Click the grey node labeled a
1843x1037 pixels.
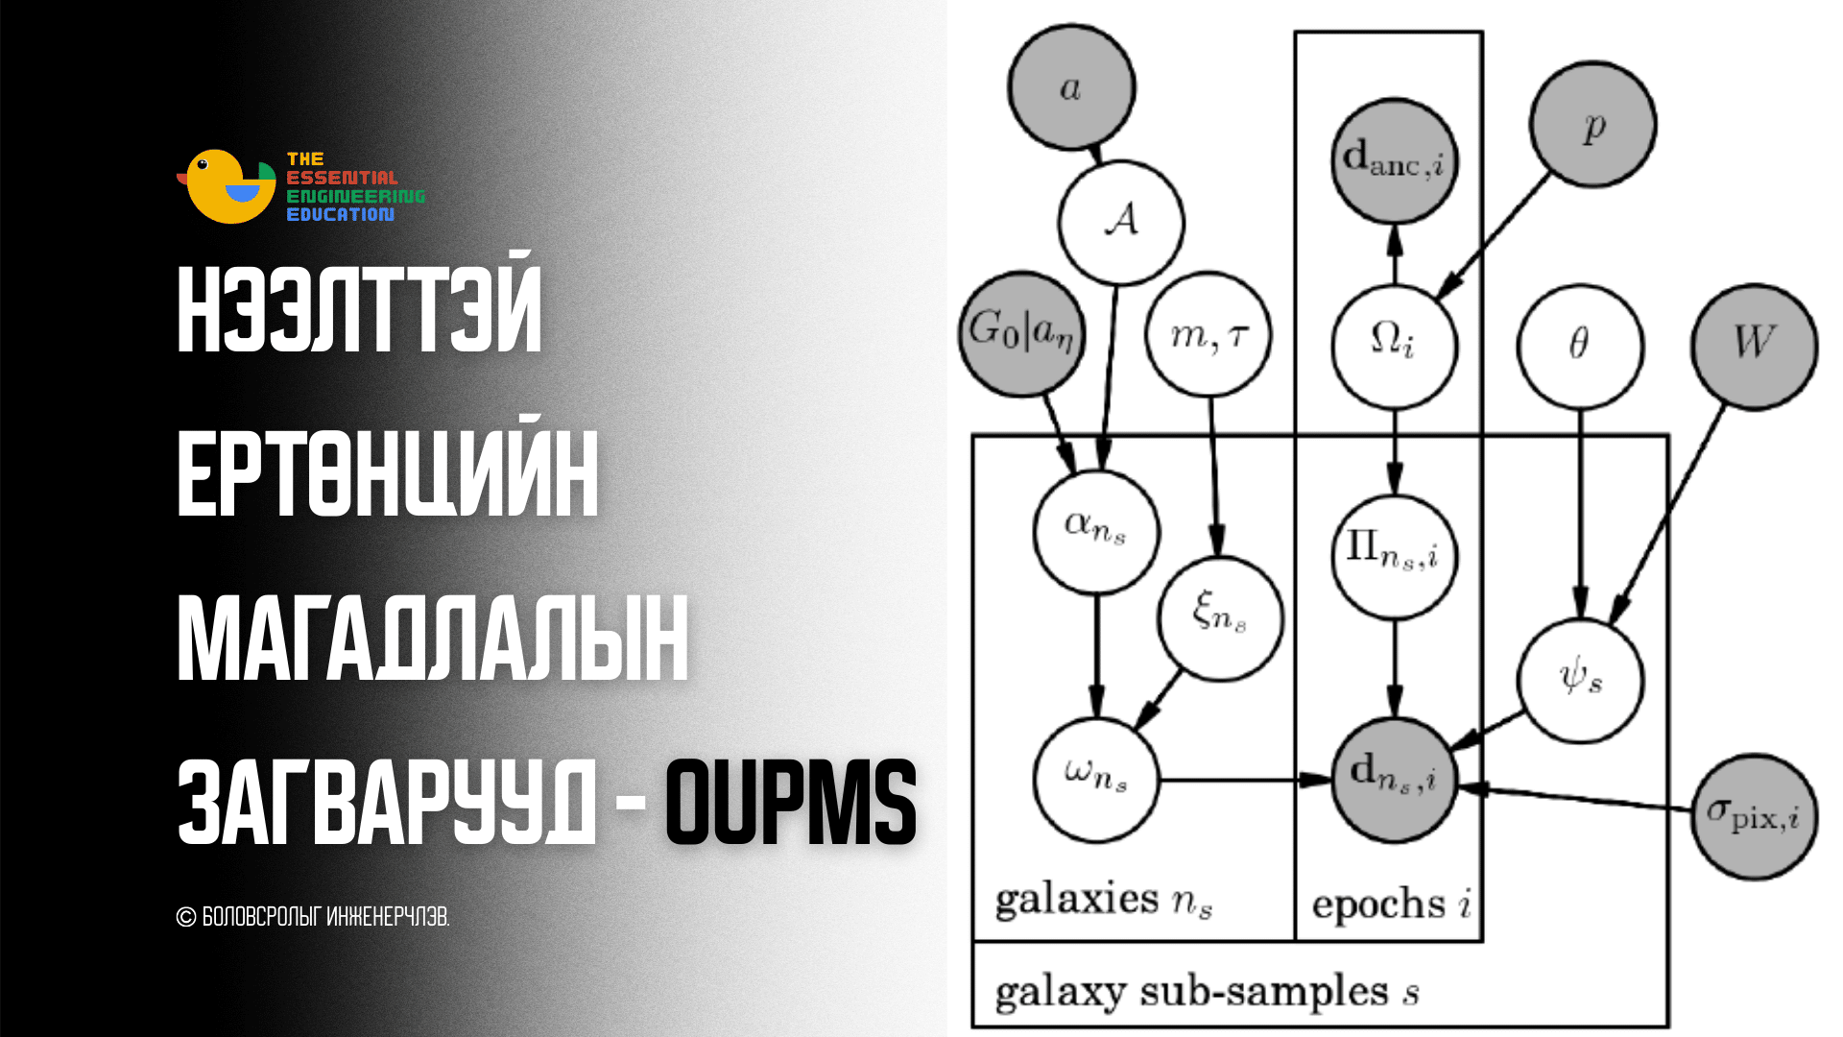pyautogui.click(x=1071, y=87)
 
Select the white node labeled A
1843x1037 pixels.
pyautogui.click(x=1121, y=222)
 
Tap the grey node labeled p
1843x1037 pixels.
pyautogui.click(x=1592, y=125)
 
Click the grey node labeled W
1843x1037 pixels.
pyautogui.click(x=1754, y=347)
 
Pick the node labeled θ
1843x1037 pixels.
pyautogui.click(x=1580, y=347)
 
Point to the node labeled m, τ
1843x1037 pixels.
pyautogui.click(x=1209, y=334)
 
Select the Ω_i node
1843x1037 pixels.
pyautogui.click(x=1395, y=346)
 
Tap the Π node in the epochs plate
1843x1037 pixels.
pyautogui.click(x=1395, y=557)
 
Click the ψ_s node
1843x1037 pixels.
pyautogui.click(x=1580, y=680)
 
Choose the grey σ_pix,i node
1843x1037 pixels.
pyautogui.click(x=1754, y=816)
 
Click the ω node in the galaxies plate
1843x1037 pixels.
pyautogui.click(x=1096, y=780)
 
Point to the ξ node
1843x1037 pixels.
pyautogui.click(x=1220, y=618)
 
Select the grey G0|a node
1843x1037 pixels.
pyautogui.click(x=1022, y=334)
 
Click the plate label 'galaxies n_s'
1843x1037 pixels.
pyautogui.click(x=1104, y=901)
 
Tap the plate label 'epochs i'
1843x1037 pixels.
pyautogui.click(x=1391, y=904)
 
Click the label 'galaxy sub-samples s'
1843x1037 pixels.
pyautogui.click(x=1207, y=993)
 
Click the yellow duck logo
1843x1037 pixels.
pyautogui.click(x=227, y=186)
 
